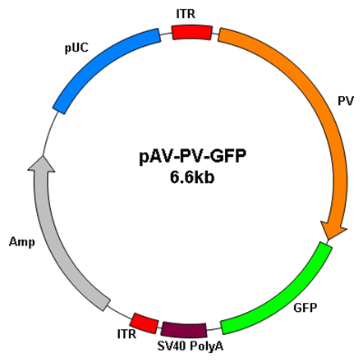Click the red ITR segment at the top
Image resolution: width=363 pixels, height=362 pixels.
point(192,33)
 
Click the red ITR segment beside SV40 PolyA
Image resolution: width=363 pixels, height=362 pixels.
point(144,323)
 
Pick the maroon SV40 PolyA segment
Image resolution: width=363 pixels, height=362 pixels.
point(184,330)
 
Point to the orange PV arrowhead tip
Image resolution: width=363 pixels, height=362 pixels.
point(328,240)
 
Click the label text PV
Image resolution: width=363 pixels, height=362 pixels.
point(346,101)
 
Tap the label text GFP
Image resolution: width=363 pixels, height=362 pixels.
point(306,308)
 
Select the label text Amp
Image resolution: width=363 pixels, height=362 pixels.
point(22,242)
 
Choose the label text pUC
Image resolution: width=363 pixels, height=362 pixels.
point(76,48)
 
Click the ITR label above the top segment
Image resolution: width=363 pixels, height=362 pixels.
point(186,14)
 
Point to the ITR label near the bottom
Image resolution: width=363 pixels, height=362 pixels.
point(126,334)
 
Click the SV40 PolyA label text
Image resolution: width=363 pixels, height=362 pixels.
point(191,346)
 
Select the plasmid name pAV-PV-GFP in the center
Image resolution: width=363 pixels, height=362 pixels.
point(192,156)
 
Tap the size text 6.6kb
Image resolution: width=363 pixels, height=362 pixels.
point(192,177)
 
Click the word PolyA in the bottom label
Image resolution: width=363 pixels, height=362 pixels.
point(207,346)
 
